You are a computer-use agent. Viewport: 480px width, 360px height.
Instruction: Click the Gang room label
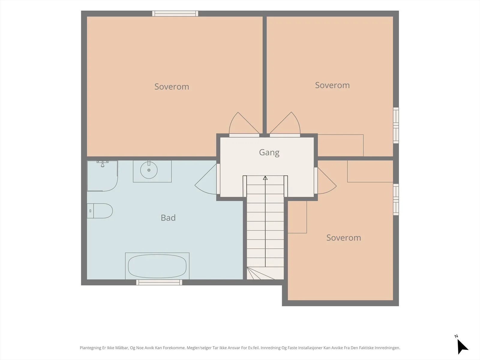point(269,153)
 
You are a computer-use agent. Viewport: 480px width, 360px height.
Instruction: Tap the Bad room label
point(168,218)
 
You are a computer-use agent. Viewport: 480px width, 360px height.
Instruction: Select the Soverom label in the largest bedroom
point(172,87)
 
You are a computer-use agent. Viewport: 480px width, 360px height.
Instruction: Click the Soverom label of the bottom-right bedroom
point(343,238)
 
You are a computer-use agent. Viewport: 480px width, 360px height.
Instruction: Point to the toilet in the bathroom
point(100,211)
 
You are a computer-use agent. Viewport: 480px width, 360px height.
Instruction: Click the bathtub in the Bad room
point(157,266)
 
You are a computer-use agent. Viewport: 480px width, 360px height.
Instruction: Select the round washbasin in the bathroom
point(149,170)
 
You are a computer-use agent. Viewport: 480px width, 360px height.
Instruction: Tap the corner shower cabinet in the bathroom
point(102,176)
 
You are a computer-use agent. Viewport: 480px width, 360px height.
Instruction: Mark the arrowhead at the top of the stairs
point(265,178)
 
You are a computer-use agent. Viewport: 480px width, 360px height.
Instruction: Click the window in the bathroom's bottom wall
point(159,282)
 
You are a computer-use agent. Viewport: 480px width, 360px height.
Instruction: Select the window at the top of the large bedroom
point(175,13)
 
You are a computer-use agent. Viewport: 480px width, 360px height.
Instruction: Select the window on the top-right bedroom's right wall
point(396,125)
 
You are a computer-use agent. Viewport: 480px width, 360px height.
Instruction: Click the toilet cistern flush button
point(90,211)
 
